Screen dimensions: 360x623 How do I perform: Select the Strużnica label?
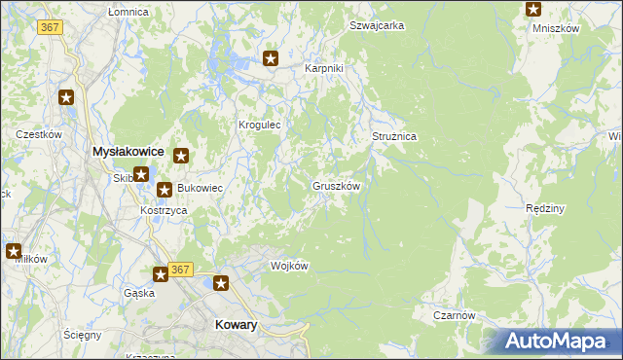point(394,137)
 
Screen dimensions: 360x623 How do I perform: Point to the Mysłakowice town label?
point(127,152)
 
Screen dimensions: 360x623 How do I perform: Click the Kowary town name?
point(235,326)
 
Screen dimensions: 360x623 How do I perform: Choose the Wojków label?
point(289,267)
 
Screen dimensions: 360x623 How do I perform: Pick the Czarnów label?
point(455,315)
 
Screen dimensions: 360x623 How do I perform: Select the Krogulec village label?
point(260,126)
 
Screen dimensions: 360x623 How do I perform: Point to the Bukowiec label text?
point(200,188)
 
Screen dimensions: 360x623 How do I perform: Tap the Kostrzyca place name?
point(164,210)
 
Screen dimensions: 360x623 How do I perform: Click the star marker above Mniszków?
point(533,10)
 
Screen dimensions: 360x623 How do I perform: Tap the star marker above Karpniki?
point(272,58)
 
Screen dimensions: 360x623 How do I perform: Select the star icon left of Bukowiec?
point(165,190)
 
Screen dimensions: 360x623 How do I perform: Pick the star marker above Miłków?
point(14,251)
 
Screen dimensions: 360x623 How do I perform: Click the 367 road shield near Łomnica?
point(51,27)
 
